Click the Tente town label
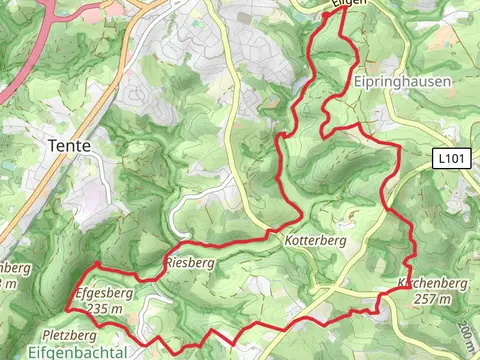69,146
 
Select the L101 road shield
452,158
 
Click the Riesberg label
190,263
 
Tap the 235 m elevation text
104,310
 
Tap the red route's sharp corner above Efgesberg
96,264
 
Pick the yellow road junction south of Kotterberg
318,290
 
